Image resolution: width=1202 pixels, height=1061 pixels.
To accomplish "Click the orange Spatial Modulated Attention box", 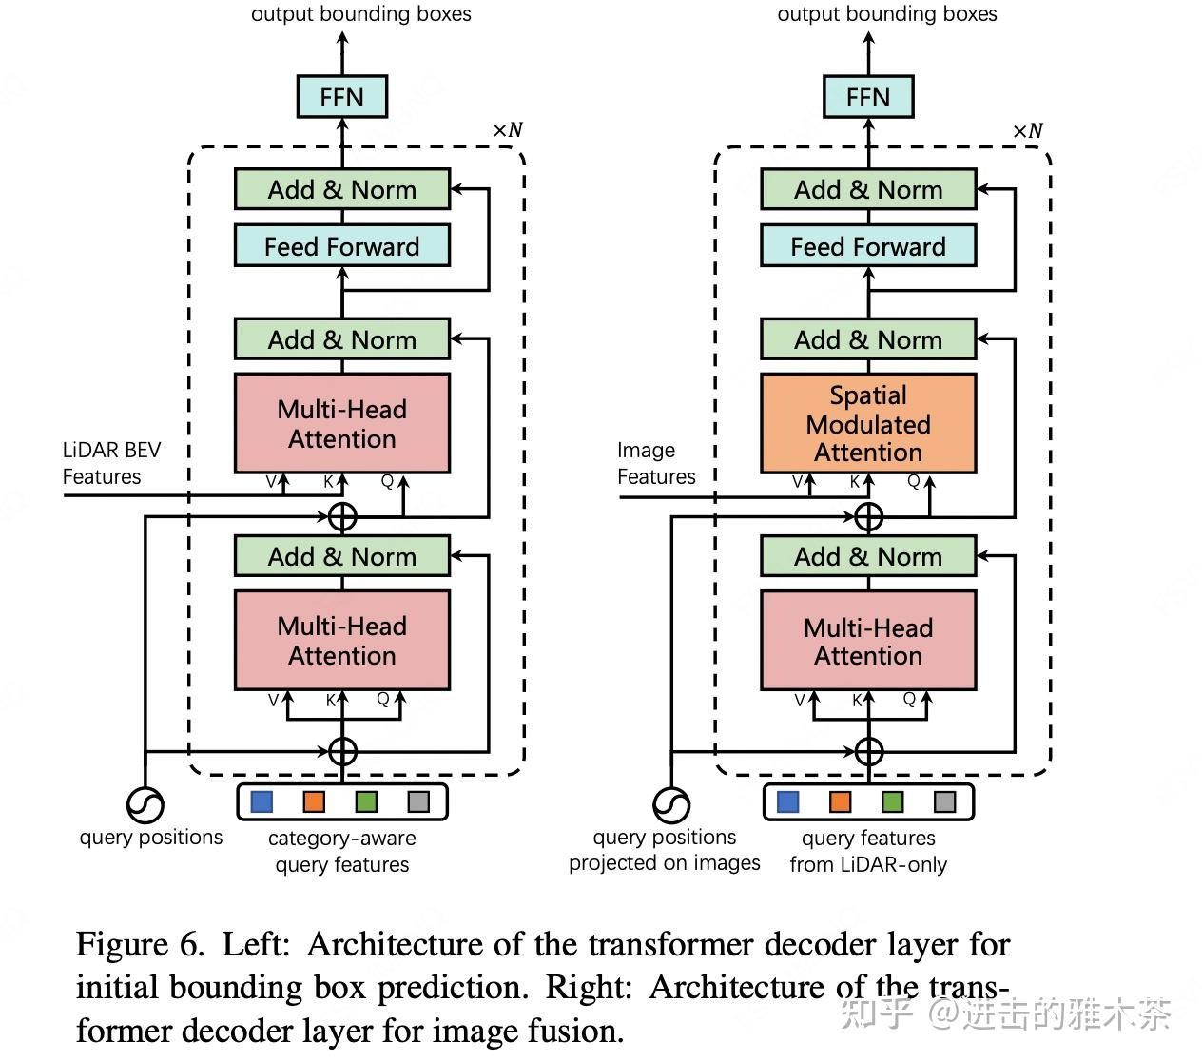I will tap(868, 423).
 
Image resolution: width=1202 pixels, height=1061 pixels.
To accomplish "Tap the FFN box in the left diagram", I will tap(341, 97).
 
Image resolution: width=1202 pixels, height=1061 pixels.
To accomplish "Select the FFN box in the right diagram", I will tap(868, 97).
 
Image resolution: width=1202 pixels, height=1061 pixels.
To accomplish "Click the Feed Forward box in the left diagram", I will tap(341, 246).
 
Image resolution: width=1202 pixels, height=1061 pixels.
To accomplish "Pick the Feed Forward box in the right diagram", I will tap(868, 246).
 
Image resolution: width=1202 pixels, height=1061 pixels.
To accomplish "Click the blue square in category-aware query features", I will tap(262, 801).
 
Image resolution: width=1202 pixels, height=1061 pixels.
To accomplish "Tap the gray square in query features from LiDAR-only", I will tap(944, 801).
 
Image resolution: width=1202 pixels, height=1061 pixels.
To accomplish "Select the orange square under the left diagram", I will tap(314, 801).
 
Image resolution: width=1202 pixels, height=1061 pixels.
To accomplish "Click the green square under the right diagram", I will tap(892, 801).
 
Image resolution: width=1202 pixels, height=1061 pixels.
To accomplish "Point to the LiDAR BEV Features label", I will tap(110, 463).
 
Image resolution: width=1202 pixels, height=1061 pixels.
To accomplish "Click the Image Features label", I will tap(655, 463).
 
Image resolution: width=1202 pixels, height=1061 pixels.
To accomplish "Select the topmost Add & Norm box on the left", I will tap(341, 189).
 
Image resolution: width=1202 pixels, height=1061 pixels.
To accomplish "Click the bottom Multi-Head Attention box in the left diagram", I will tap(341, 640).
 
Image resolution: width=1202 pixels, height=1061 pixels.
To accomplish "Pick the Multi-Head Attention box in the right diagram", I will tap(868, 640).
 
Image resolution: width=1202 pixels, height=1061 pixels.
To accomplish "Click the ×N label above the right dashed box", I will tap(1027, 131).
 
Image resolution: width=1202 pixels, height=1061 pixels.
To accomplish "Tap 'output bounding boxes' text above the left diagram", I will tap(360, 13).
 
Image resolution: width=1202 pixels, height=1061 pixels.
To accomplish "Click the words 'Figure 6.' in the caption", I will tap(139, 944).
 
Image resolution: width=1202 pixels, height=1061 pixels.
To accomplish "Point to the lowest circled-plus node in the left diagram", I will tap(342, 751).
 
